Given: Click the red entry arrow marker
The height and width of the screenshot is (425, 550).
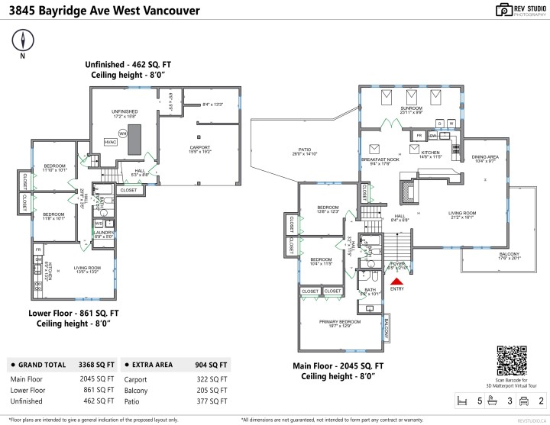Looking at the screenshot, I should pos(396,281).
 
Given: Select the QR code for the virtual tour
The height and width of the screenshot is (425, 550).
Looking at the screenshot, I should pos(512,360).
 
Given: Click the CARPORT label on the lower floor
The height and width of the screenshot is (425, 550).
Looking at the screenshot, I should pos(200,146).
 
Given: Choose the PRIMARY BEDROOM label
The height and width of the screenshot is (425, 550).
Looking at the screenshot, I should pos(339,322).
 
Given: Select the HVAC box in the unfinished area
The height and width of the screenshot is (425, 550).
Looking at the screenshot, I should pos(110,141).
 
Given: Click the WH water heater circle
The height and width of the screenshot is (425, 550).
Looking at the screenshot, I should pos(122,134).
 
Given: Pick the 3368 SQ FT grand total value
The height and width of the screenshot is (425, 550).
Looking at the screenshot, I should pos(99,365).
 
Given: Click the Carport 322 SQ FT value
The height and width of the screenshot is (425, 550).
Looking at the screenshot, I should pos(211,378).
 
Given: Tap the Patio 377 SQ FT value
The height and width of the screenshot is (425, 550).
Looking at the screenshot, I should pos(211,401).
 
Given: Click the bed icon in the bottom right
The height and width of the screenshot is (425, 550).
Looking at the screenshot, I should pos(461,400).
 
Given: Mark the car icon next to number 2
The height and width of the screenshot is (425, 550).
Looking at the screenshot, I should pos(524,400).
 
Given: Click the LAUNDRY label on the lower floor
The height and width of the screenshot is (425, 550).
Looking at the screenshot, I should pos(105,232).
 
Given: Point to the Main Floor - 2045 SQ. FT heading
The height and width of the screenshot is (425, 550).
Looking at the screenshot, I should pos(338,365).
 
